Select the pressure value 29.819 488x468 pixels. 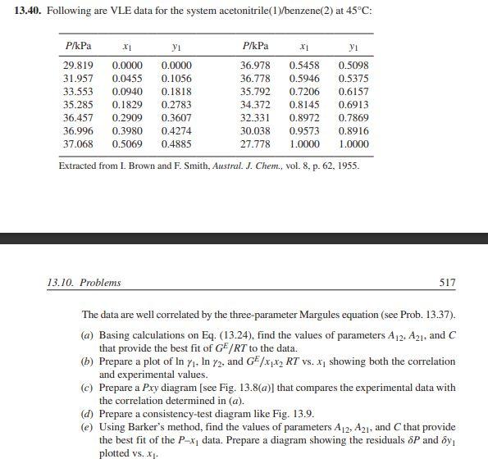click(78, 65)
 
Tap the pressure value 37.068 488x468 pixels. click(78, 143)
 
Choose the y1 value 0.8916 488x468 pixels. click(353, 130)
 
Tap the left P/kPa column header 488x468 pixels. click(78, 43)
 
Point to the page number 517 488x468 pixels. click(447, 283)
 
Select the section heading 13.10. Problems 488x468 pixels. click(84, 283)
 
